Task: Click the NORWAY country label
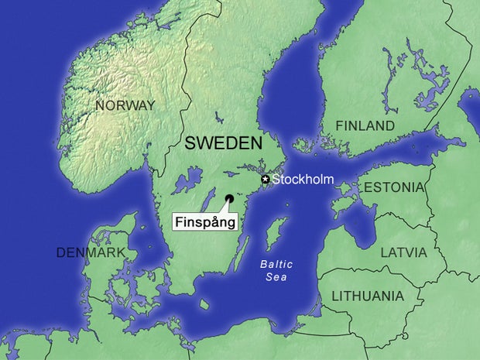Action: pyautogui.click(x=125, y=105)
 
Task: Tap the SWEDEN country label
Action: pyautogui.click(x=223, y=143)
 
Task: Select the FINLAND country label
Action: pyautogui.click(x=365, y=125)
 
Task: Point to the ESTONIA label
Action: pyautogui.click(x=394, y=187)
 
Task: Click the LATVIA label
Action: pyautogui.click(x=403, y=252)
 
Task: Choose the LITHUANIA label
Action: pyautogui.click(x=367, y=296)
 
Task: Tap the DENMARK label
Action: pyautogui.click(x=90, y=253)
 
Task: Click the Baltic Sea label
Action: pyautogui.click(x=276, y=270)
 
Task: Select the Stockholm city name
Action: pyautogui.click(x=303, y=180)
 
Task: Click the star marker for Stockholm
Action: pyautogui.click(x=265, y=180)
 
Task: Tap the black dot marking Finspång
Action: pyautogui.click(x=229, y=198)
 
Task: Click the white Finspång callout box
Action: pyautogui.click(x=204, y=221)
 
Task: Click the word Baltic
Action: pyautogui.click(x=276, y=263)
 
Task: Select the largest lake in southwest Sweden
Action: pyautogui.click(x=186, y=184)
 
